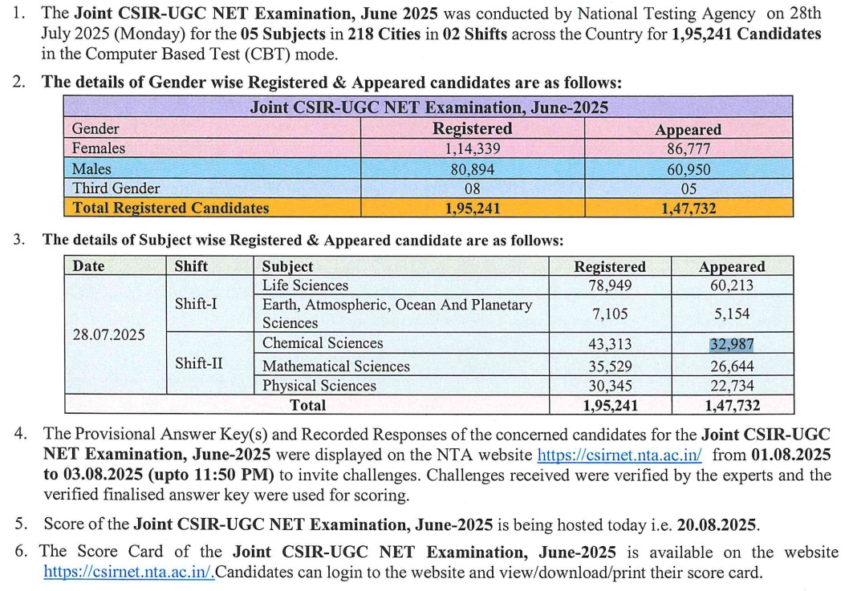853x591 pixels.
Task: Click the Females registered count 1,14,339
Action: [473, 148]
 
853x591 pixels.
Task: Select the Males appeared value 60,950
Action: [688, 169]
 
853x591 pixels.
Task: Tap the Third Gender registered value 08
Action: [473, 188]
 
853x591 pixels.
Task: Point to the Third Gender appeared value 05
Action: [688, 189]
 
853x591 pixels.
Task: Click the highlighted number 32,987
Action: [731, 345]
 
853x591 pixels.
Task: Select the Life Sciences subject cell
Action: [305, 285]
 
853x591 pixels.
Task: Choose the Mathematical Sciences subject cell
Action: [335, 366]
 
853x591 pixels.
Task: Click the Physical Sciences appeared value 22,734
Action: [731, 386]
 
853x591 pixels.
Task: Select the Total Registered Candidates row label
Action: [170, 208]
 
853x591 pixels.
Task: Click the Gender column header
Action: [95, 129]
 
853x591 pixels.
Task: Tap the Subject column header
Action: [287, 266]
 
